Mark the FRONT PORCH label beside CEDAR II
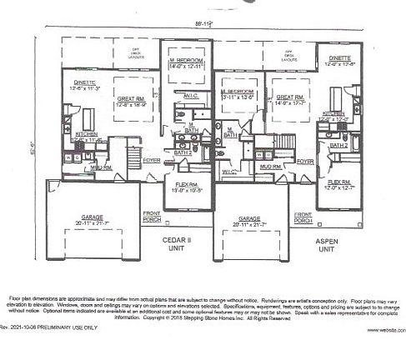(x=150, y=218)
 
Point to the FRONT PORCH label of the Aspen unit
(x=301, y=218)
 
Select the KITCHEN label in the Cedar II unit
(x=87, y=134)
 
